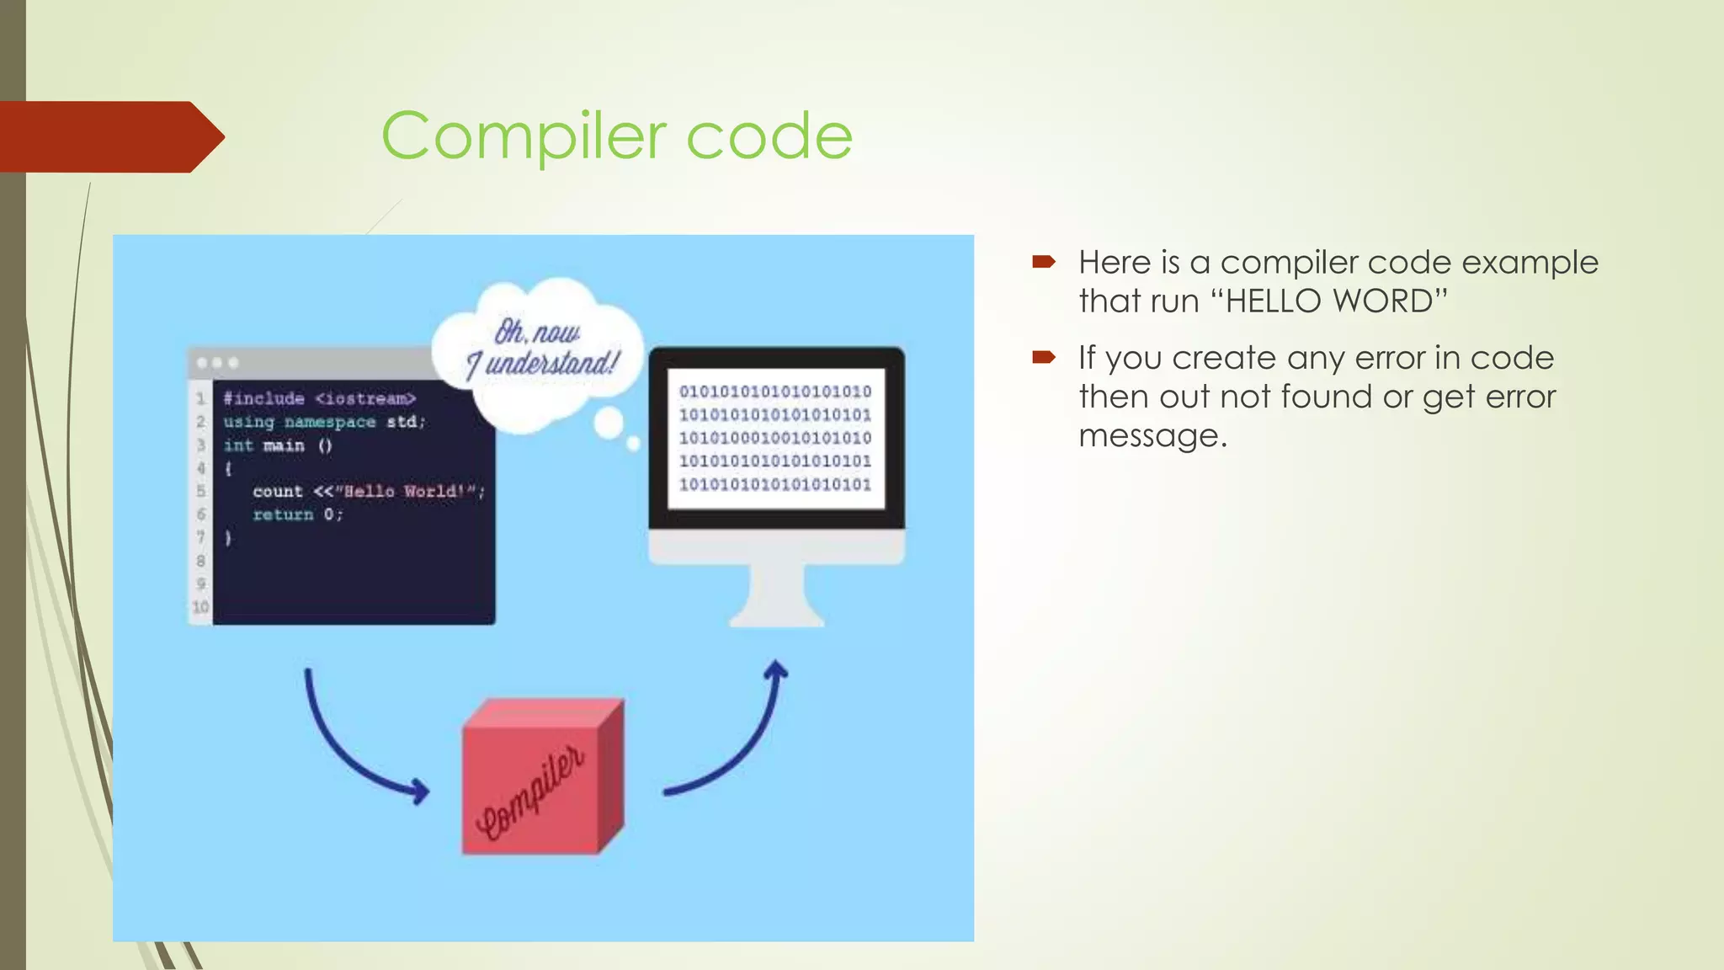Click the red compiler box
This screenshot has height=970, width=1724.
tap(539, 779)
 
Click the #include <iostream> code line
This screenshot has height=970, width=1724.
tap(319, 398)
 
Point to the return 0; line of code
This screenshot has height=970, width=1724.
tap(297, 514)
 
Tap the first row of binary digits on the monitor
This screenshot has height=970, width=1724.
tap(775, 392)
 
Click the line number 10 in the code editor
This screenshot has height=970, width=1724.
tap(200, 607)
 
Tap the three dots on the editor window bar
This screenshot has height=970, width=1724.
tap(216, 363)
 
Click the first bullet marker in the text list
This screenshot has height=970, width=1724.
tap(1044, 263)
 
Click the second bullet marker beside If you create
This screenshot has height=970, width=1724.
tap(1044, 358)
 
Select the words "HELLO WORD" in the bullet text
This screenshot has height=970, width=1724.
tap(1335, 301)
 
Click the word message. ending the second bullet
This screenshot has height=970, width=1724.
tap(1152, 436)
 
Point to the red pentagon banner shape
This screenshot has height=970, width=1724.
tap(109, 136)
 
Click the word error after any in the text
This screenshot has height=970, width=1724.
tap(1389, 359)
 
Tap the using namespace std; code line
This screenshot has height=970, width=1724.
tap(324, 421)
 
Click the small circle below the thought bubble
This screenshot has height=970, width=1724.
tap(609, 424)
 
